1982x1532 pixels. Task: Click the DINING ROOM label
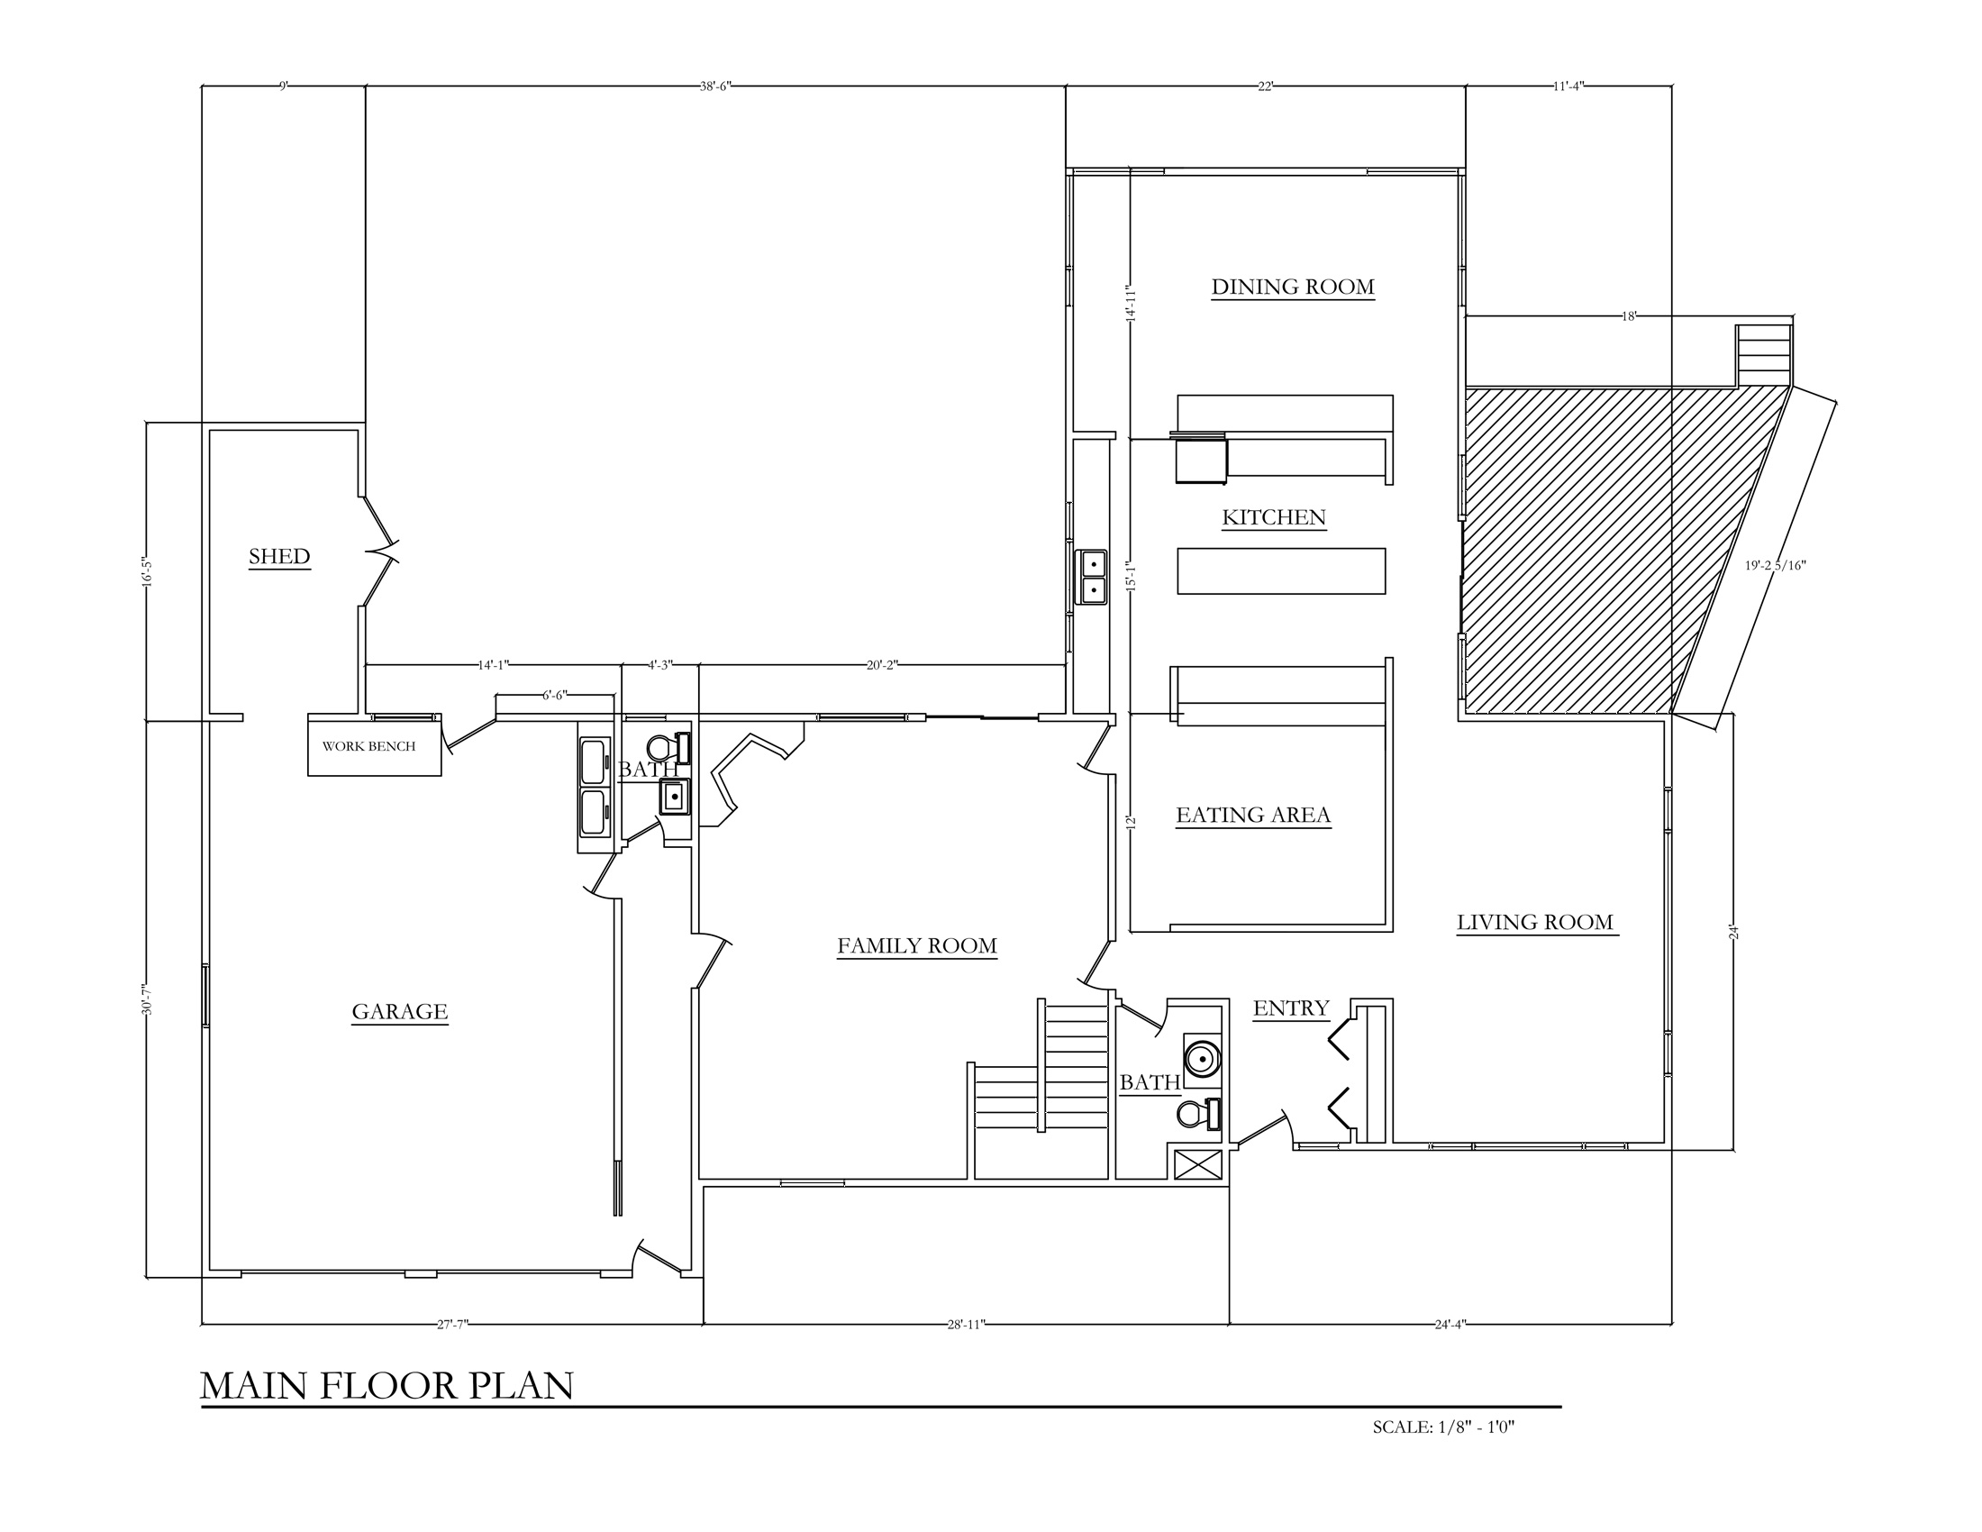pos(1292,287)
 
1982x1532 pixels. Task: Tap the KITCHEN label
pos(1274,517)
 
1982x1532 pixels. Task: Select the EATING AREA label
pos(1253,815)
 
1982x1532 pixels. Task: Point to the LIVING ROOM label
pos(1535,922)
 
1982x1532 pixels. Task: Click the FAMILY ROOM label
pos(916,945)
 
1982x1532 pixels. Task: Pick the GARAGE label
pos(399,1011)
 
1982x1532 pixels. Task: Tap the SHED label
pos(279,556)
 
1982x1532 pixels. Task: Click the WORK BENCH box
pos(375,745)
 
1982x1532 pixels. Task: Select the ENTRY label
pos(1290,1008)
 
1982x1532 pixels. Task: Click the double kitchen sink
pos(1091,578)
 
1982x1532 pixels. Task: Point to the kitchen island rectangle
pos(1281,570)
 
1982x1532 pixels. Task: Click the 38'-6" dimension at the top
pos(715,87)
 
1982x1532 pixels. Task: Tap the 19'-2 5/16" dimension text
pos(1775,565)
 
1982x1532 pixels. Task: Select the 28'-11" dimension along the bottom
pos(966,1324)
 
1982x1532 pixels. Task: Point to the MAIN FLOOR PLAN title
pos(386,1386)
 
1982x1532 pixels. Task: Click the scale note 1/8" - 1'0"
pos(1444,1427)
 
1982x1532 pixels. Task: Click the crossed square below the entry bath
pos(1198,1164)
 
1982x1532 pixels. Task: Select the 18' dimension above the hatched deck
pos(1629,316)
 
